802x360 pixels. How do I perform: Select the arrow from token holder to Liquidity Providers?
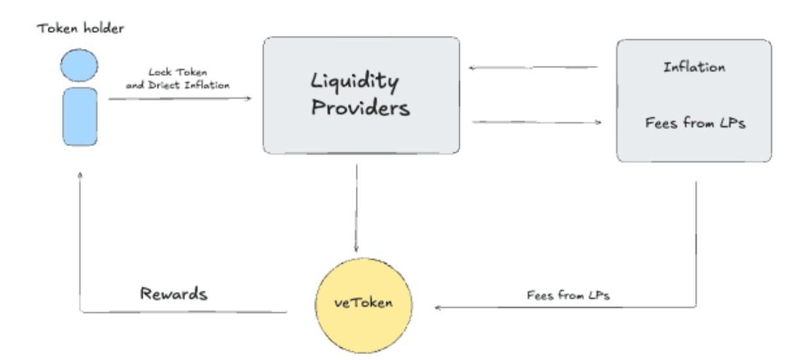click(179, 98)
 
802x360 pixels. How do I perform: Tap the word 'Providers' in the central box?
click(360, 109)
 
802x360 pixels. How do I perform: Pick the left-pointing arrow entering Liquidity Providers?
click(534, 66)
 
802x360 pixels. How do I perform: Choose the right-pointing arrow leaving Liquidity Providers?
click(536, 121)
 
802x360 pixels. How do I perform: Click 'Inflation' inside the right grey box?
click(694, 67)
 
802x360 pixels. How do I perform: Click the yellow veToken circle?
click(357, 304)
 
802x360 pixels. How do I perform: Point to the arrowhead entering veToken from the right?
click(438, 308)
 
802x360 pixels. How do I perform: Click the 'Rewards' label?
click(175, 293)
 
